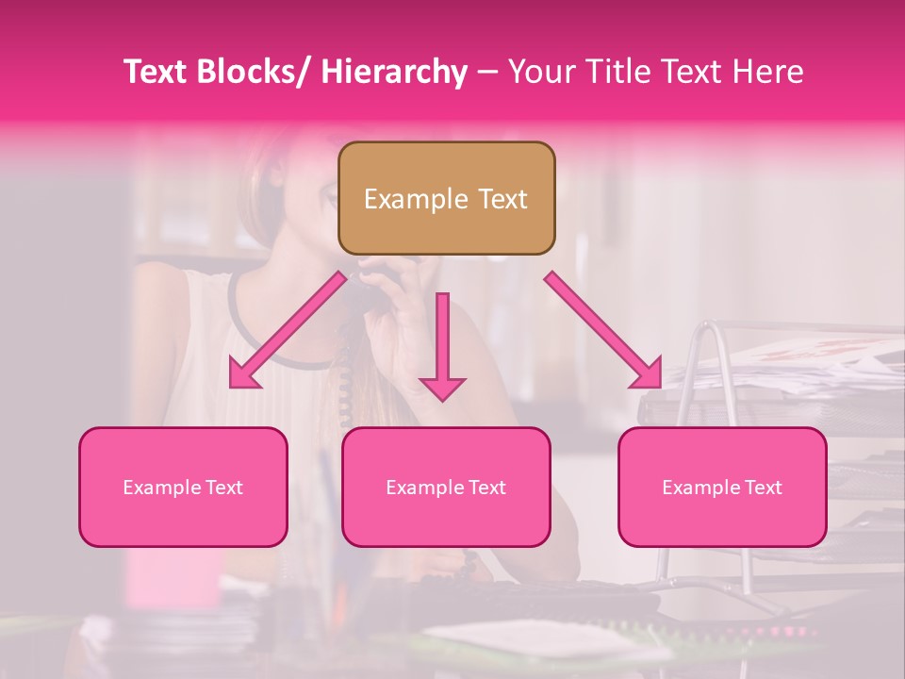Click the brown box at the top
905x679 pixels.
click(446, 198)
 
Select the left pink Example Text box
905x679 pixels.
click(183, 487)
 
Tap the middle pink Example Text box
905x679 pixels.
click(446, 487)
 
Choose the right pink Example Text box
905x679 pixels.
click(722, 487)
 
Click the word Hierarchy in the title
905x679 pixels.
click(394, 72)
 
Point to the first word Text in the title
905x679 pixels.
click(157, 72)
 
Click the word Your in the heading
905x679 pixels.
click(541, 72)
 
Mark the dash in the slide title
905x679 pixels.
click(487, 72)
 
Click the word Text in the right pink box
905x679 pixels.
click(763, 488)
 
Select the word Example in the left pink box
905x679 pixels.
click(161, 488)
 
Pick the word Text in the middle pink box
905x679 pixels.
click(486, 488)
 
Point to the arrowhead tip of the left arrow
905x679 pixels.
click(232, 386)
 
